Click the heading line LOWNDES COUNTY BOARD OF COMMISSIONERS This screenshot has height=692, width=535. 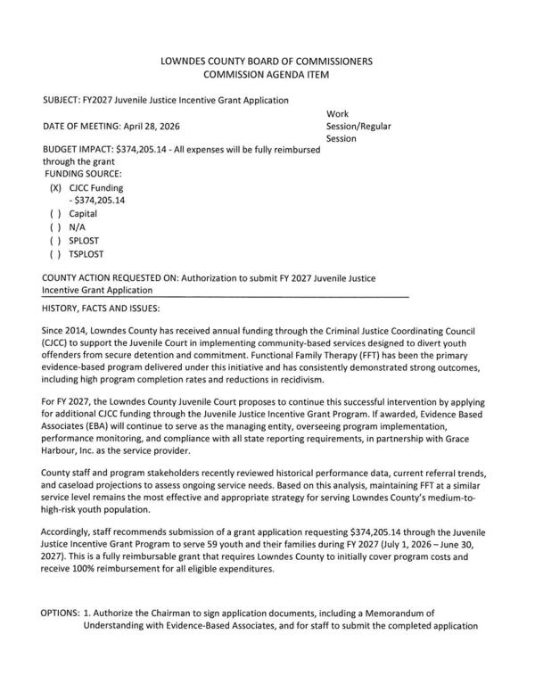click(x=266, y=62)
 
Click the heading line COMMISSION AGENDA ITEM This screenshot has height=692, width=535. click(x=266, y=76)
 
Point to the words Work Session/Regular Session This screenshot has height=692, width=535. click(x=358, y=127)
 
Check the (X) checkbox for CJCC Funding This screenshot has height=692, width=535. click(x=56, y=188)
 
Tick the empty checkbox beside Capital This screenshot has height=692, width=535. click(x=56, y=214)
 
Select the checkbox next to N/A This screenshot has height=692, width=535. click(x=56, y=227)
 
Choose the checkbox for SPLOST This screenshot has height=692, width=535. click(x=56, y=241)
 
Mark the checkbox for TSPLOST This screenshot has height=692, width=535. click(x=56, y=254)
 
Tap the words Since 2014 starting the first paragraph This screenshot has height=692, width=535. click(x=65, y=332)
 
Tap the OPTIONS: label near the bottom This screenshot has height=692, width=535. click(x=59, y=614)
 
